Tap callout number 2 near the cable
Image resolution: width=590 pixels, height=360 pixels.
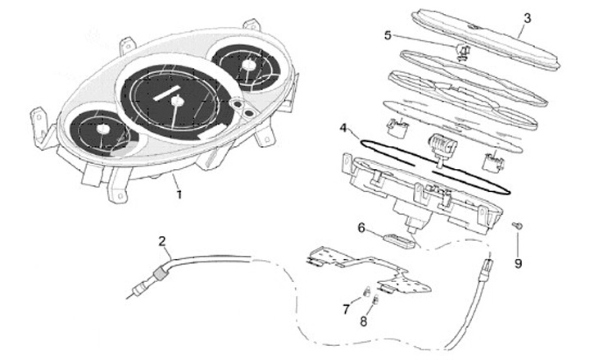point(162,241)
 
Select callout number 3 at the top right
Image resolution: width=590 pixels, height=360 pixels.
point(527,17)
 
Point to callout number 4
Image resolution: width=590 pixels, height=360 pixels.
point(345,129)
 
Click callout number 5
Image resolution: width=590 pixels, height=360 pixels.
point(388,35)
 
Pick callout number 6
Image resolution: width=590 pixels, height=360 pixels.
point(361,227)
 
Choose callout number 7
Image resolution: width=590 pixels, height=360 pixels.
point(346,308)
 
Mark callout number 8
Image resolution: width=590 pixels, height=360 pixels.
point(364,322)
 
